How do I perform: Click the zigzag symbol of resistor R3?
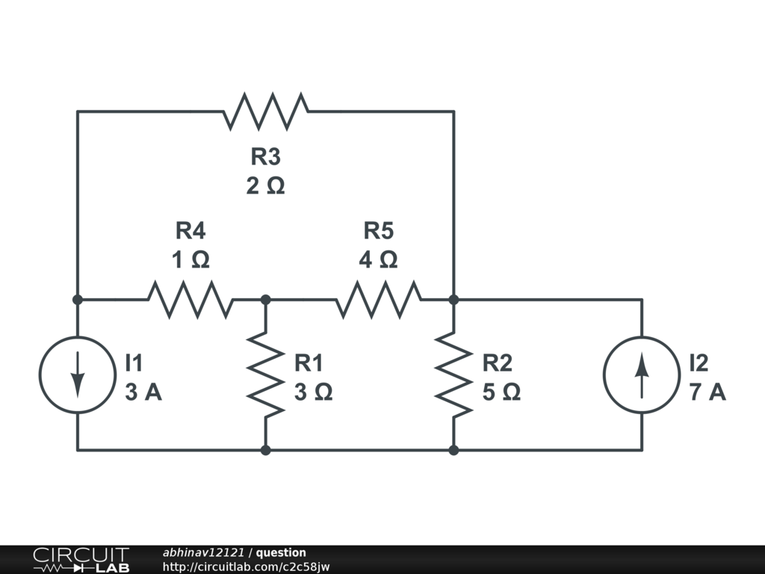[x=266, y=111]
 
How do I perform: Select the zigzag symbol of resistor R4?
[x=191, y=299]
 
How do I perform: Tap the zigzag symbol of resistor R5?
[x=379, y=299]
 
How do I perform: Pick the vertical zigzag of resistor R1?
[x=265, y=375]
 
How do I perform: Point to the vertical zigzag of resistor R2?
[x=453, y=375]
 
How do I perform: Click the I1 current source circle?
[x=40, y=375]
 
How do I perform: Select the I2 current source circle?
[x=604, y=375]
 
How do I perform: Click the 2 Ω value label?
[x=265, y=186]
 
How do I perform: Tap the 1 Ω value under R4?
[x=191, y=259]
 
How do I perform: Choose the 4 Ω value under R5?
[x=379, y=259]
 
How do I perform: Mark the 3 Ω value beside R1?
[x=313, y=392]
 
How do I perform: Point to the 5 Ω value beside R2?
[x=501, y=392]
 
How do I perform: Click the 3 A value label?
[x=143, y=392]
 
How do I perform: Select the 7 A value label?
[x=707, y=392]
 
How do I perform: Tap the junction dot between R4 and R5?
[x=265, y=299]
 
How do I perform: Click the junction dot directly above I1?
[x=77, y=299]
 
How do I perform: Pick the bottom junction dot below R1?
[x=265, y=450]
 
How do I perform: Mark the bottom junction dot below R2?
[x=453, y=450]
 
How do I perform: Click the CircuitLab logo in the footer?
[x=81, y=560]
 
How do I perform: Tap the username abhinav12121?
[x=203, y=552]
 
